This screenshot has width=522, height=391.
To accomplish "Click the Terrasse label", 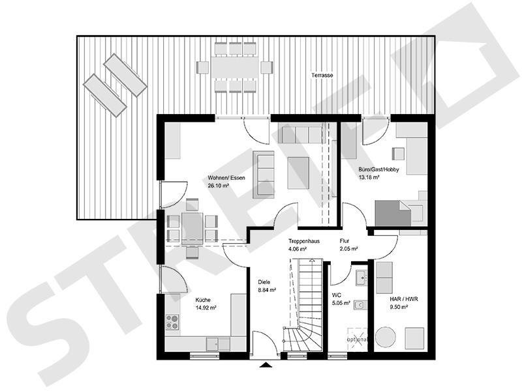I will tap(322, 76).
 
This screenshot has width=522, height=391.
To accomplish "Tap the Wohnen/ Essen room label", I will tap(226, 177).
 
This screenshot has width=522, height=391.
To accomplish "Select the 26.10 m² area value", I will tap(218, 186).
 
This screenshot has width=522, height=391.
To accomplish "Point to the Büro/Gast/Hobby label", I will tap(378, 169).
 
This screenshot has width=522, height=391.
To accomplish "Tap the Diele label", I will tap(264, 282).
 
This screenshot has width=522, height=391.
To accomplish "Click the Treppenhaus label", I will tap(304, 241).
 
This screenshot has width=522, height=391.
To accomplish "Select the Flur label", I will tap(345, 241).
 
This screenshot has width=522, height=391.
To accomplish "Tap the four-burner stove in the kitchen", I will tap(173, 321).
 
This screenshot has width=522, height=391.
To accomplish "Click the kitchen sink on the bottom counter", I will tap(215, 341).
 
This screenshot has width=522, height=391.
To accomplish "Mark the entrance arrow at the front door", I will tap(266, 365).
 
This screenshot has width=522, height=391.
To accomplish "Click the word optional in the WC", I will tap(358, 340).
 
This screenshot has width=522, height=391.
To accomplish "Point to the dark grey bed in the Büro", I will tap(391, 214).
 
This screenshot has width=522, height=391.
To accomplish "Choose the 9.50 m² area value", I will tap(399, 307).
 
